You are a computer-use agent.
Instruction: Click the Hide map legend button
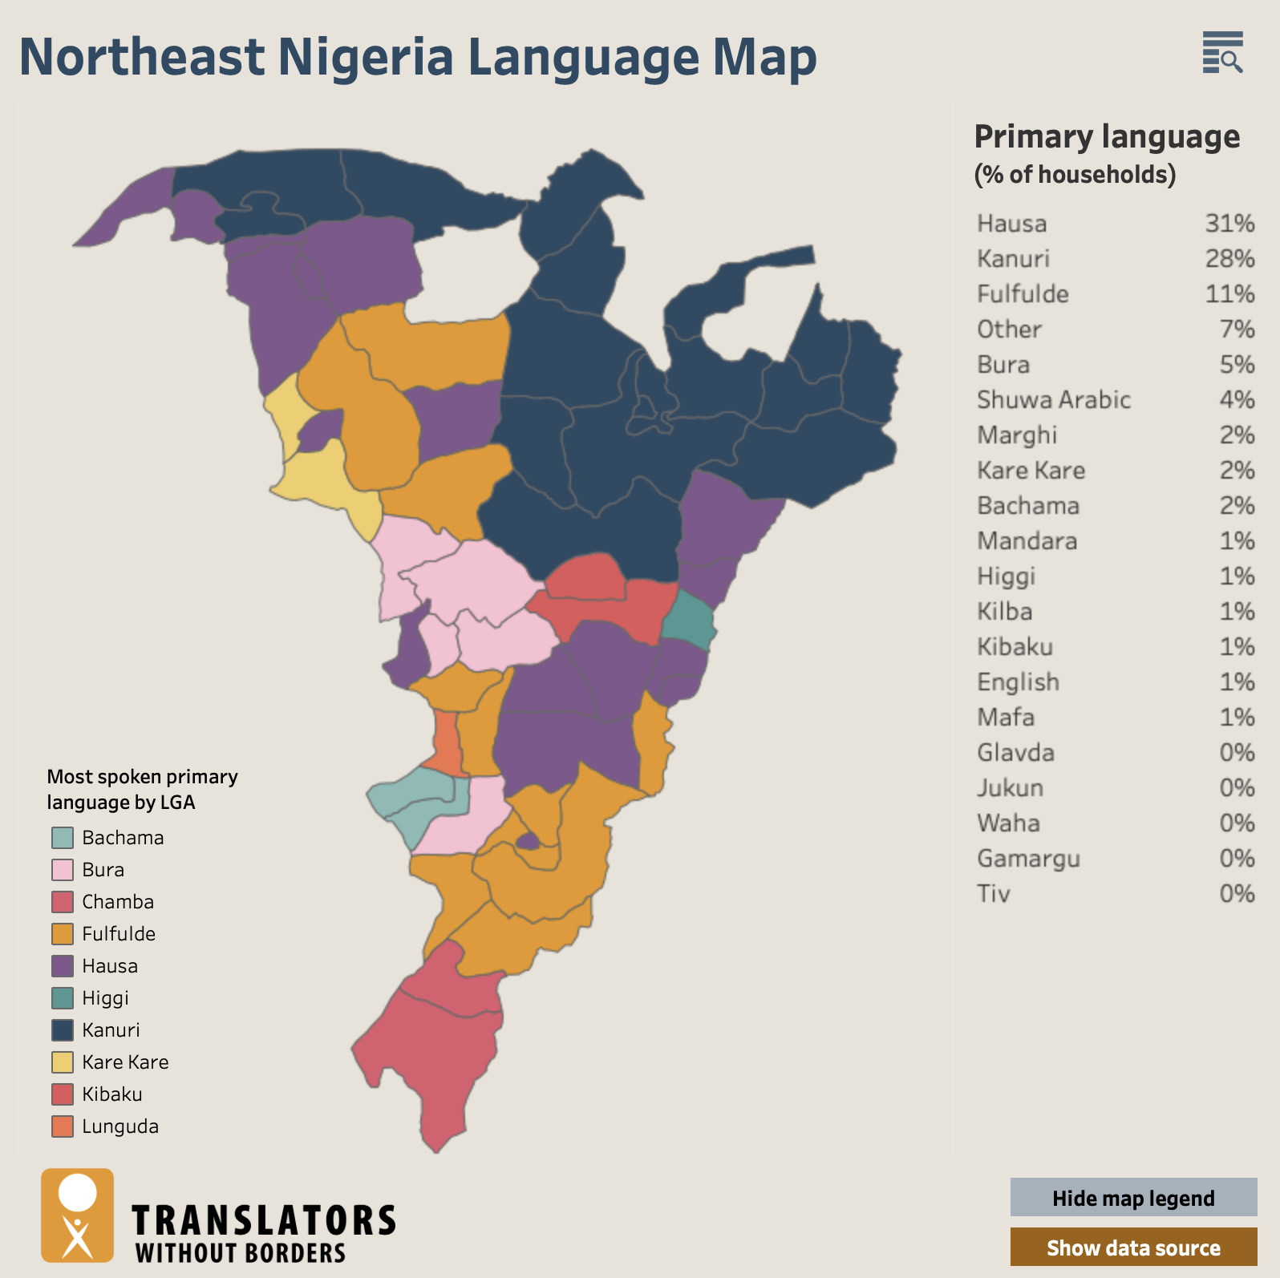[1132, 1198]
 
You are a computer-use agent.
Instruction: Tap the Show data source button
[1132, 1248]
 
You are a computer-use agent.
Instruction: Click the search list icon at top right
[1222, 53]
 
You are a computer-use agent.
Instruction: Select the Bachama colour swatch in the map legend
[63, 838]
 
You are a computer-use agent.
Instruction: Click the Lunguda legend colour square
[63, 1126]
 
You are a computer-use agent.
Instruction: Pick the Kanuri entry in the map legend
[111, 1030]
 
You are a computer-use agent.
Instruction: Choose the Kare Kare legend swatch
[63, 1062]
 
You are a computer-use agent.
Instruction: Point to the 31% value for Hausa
[1229, 223]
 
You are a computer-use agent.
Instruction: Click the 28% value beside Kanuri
[1229, 258]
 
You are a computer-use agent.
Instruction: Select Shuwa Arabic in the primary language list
[1053, 399]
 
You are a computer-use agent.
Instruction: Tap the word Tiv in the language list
[993, 893]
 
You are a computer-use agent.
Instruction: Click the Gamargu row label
[1028, 858]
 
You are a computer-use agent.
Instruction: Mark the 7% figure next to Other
[1236, 329]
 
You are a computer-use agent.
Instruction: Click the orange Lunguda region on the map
[446, 742]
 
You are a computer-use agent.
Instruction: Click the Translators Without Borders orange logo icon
[78, 1215]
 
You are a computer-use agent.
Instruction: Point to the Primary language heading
[1107, 137]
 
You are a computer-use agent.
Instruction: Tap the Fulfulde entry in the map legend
[118, 934]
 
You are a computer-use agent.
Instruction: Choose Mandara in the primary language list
[1027, 540]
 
